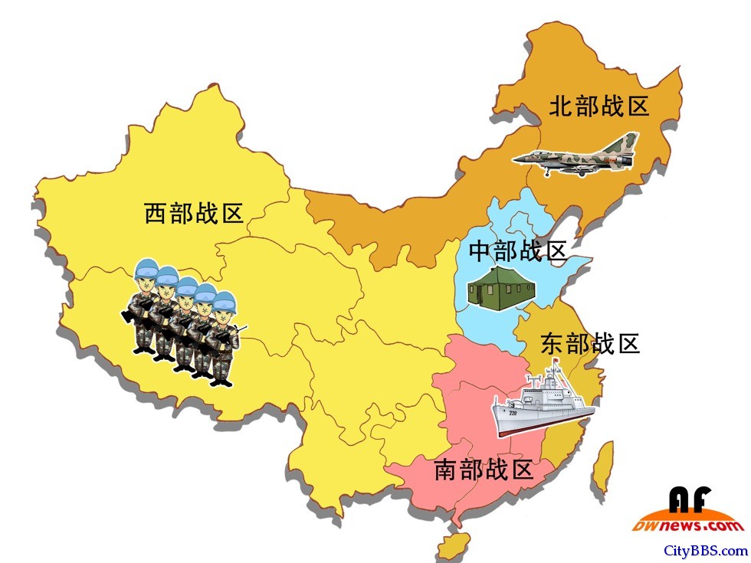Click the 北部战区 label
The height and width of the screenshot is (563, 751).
[599, 106]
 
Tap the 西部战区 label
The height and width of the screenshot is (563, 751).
[194, 213]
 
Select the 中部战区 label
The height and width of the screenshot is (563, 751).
[517, 250]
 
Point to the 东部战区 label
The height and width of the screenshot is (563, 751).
[590, 342]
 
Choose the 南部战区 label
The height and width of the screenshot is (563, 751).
[483, 469]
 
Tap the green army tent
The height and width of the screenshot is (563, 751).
[503, 290]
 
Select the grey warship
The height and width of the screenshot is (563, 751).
[541, 406]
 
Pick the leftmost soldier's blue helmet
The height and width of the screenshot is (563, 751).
[146, 270]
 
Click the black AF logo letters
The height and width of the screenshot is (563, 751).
[690, 500]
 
